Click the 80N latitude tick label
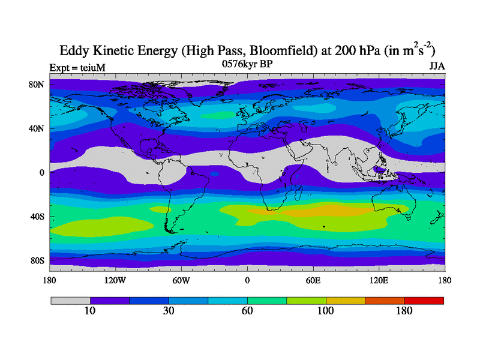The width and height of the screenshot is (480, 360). pyautogui.click(x=37, y=85)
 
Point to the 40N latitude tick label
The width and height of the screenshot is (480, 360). pyautogui.click(x=37, y=128)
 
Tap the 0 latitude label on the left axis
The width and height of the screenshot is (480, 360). pyautogui.click(x=42, y=173)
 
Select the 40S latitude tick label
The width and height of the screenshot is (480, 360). pyautogui.click(x=37, y=217)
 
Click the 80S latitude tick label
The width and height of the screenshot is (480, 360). pyautogui.click(x=37, y=260)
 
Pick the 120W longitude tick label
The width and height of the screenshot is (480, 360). pyautogui.click(x=115, y=280)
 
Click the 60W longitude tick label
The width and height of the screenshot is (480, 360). pyautogui.click(x=181, y=280)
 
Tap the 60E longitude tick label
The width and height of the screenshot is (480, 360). pyautogui.click(x=313, y=280)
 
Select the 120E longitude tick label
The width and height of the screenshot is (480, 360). pyautogui.click(x=379, y=280)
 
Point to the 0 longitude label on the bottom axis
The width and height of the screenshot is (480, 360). pyautogui.click(x=247, y=280)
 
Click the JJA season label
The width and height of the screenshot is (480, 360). pyautogui.click(x=436, y=66)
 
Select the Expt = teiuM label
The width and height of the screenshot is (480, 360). pyautogui.click(x=77, y=68)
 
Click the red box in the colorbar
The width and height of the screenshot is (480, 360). pyautogui.click(x=424, y=300)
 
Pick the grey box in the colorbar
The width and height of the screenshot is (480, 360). pyautogui.click(x=70, y=300)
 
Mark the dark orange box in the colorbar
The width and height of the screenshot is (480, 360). pyautogui.click(x=385, y=300)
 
